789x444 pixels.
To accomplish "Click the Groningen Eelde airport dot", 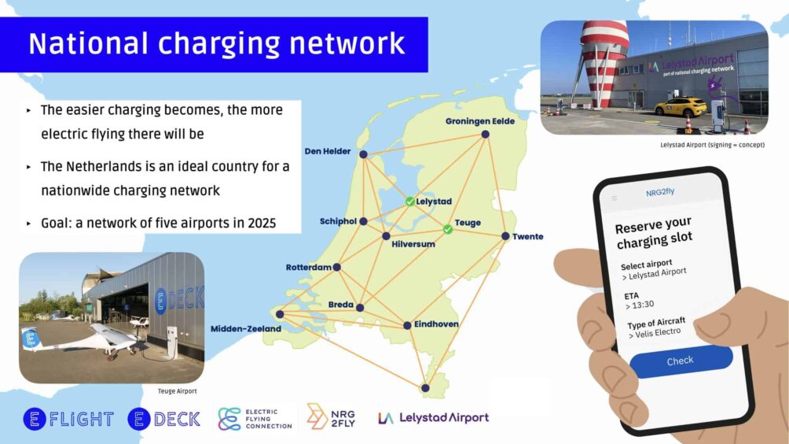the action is [x=485, y=134].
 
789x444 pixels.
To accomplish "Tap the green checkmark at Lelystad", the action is [x=410, y=202].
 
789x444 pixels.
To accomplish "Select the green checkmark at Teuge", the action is [x=448, y=229].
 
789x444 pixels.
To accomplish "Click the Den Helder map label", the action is [x=328, y=151].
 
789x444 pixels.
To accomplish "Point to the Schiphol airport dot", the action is [x=363, y=221].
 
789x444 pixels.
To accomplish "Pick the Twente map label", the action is [x=528, y=236].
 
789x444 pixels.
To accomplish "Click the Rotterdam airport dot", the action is [x=336, y=267].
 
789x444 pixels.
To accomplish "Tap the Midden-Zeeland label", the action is [x=245, y=328].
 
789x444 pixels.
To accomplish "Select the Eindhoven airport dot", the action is [x=407, y=326].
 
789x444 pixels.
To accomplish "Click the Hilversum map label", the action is [x=413, y=244].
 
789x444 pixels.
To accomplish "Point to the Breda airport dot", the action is [x=360, y=308].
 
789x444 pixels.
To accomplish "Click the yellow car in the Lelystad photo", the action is [x=681, y=107].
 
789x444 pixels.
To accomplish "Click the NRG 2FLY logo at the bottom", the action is [x=331, y=416].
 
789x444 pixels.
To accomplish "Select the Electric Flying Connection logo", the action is [x=255, y=419].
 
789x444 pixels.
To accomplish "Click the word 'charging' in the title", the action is [x=218, y=44].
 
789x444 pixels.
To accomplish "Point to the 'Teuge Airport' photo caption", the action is [x=177, y=391].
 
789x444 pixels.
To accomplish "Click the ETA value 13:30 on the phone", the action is [x=640, y=305].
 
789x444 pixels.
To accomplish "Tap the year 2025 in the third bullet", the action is [x=262, y=223].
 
